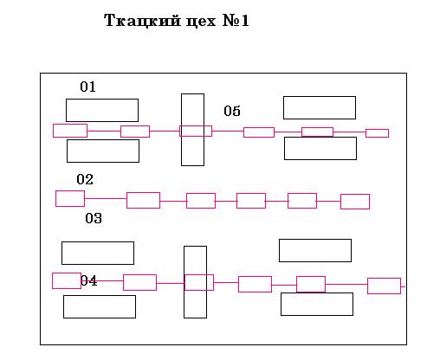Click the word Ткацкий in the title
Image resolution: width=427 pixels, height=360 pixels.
(x=142, y=21)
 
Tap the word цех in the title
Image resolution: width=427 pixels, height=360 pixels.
(x=201, y=22)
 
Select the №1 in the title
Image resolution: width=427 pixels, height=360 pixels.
(x=236, y=21)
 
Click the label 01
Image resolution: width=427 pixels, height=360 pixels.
(x=87, y=87)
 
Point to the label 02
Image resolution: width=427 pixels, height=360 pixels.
(x=85, y=179)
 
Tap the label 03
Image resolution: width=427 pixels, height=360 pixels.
(x=94, y=218)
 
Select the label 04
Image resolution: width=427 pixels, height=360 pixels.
(x=89, y=280)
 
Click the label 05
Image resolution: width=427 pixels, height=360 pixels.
(x=232, y=111)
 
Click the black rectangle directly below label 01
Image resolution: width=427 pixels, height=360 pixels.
(x=102, y=110)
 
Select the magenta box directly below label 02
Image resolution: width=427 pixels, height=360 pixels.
(x=70, y=198)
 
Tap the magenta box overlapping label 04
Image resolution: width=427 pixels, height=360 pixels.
(x=67, y=280)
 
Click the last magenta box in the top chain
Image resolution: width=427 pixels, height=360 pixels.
(x=377, y=133)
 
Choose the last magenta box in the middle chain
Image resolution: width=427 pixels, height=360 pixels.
(x=355, y=202)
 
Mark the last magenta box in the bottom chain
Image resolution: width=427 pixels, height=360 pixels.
(x=384, y=286)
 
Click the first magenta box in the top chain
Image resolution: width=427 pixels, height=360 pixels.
(x=70, y=131)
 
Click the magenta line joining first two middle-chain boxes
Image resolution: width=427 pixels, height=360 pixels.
(x=106, y=198)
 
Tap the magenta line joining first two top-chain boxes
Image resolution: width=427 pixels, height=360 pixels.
(x=104, y=131)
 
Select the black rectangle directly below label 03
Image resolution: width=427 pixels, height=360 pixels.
(x=98, y=253)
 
